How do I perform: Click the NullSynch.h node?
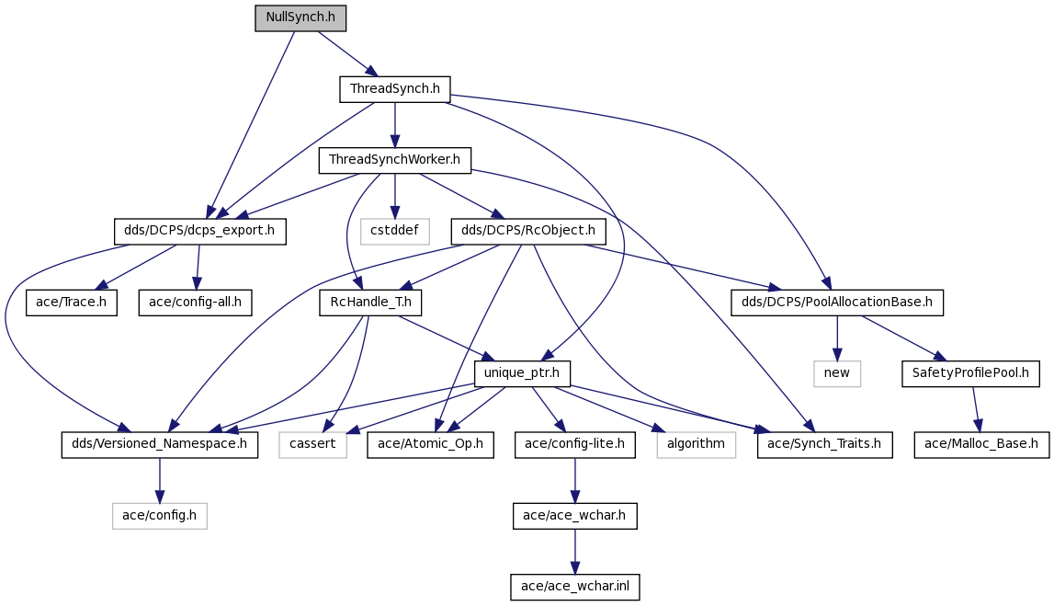click(x=300, y=17)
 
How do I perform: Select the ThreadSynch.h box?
click(x=394, y=89)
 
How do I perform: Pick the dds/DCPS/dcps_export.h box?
click(x=199, y=232)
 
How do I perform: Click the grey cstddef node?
click(x=394, y=232)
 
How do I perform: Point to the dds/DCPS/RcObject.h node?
click(x=528, y=232)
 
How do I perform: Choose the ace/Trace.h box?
click(x=72, y=303)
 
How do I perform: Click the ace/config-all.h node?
click(x=195, y=303)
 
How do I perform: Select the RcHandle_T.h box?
click(x=371, y=303)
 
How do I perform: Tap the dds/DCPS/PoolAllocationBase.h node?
click(x=837, y=303)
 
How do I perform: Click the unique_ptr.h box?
click(x=522, y=374)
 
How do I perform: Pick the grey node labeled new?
click(x=837, y=374)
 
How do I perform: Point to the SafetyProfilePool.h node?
click(x=970, y=374)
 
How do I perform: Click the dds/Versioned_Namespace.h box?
click(x=159, y=445)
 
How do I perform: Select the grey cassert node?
click(x=312, y=445)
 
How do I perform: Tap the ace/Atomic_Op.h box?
click(x=430, y=445)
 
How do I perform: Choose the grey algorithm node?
click(x=696, y=445)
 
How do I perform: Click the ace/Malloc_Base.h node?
click(x=981, y=445)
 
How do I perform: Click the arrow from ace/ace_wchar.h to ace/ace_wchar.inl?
click(x=574, y=552)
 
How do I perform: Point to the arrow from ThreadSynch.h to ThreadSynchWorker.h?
click(x=394, y=125)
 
